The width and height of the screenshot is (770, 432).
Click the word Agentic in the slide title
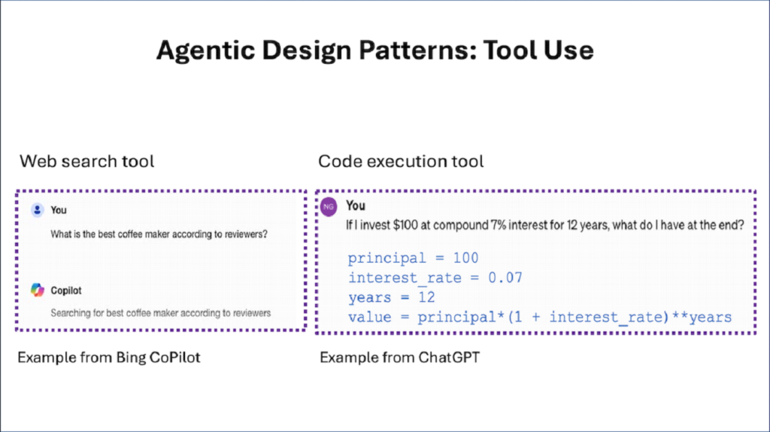pyautogui.click(x=206, y=51)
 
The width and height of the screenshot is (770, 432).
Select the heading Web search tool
pyautogui.click(x=87, y=161)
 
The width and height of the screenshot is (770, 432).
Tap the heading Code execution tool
pyautogui.click(x=401, y=161)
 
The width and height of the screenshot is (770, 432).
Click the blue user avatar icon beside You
pyautogui.click(x=38, y=210)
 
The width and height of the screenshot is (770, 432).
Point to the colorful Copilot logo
pyautogui.click(x=38, y=290)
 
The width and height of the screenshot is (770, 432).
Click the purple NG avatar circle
pyautogui.click(x=329, y=206)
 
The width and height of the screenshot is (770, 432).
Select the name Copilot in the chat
pyautogui.click(x=66, y=291)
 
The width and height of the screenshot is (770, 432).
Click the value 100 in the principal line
pyautogui.click(x=465, y=258)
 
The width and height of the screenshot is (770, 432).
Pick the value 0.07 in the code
pyautogui.click(x=505, y=278)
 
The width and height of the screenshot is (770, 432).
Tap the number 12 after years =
pyautogui.click(x=426, y=297)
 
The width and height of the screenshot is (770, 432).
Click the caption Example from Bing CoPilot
pyautogui.click(x=108, y=357)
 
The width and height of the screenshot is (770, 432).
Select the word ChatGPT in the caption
pyautogui.click(x=449, y=357)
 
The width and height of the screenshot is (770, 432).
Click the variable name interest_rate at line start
pyautogui.click(x=405, y=278)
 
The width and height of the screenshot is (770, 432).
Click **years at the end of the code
pyautogui.click(x=702, y=318)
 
